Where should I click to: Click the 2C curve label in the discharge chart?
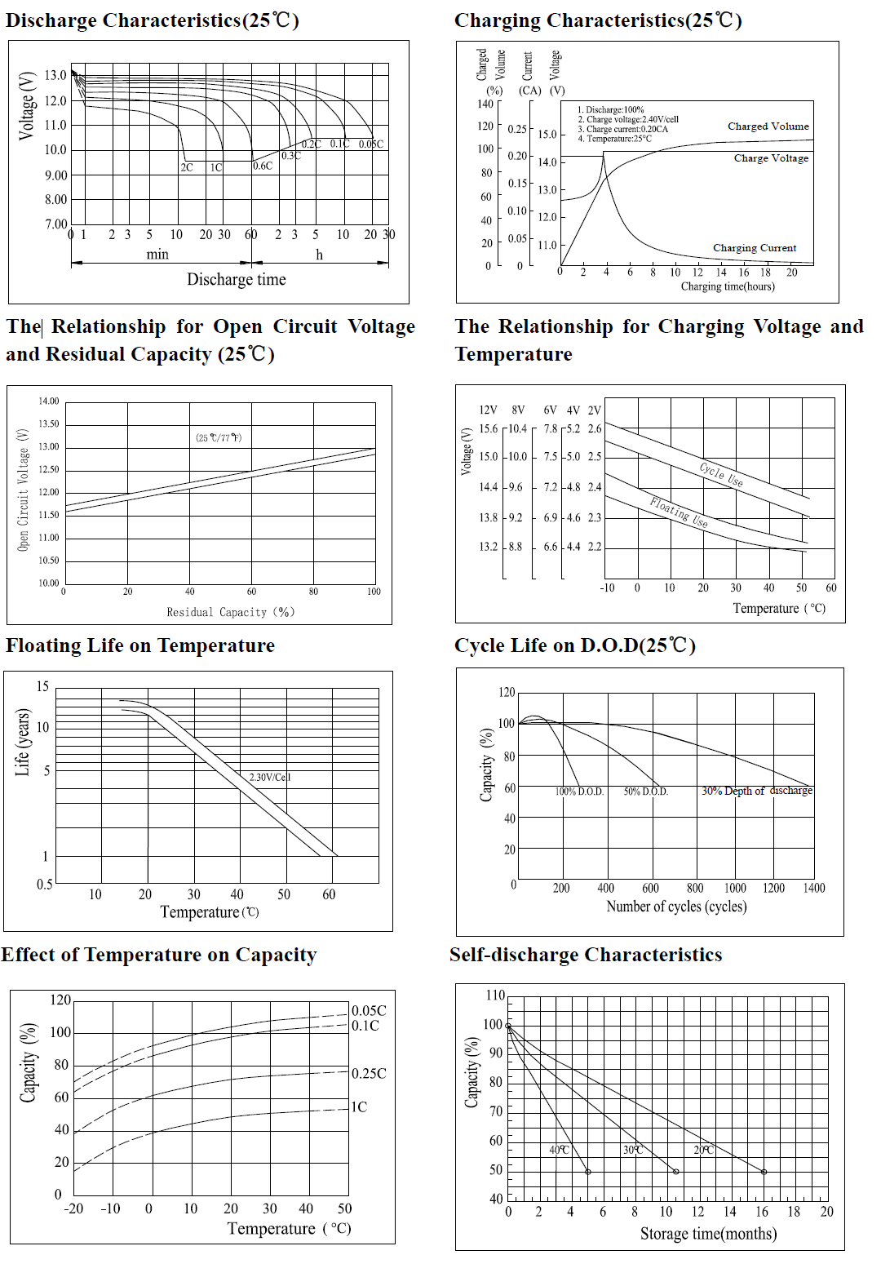coord(187,167)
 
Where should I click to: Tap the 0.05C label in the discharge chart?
coord(371,144)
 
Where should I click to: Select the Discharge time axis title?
coord(236,280)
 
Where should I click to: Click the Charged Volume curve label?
coord(768,126)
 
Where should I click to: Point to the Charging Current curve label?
coord(754,248)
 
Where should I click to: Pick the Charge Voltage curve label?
coord(771,158)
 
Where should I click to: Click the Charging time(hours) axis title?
coord(728,286)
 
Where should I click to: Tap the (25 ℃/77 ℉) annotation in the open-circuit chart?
coord(219,438)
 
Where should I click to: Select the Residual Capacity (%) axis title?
coord(230,612)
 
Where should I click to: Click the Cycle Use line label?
coord(721,474)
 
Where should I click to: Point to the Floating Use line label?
coord(679,512)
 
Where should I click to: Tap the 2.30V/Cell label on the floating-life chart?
coord(270,778)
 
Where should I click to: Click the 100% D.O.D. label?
coord(579,792)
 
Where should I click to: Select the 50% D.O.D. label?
coord(645,792)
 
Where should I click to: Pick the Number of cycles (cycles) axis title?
coord(676,907)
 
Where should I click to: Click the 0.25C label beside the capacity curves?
coord(369,1074)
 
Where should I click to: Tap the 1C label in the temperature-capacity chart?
coord(359,1107)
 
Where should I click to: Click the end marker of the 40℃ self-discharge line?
coord(588,1172)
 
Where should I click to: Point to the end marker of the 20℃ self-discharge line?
coord(764,1172)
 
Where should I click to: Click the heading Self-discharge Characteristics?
coord(586,955)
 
